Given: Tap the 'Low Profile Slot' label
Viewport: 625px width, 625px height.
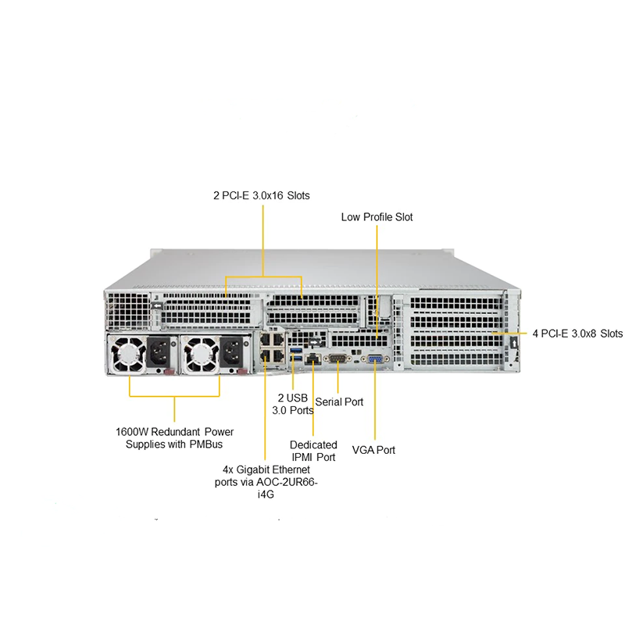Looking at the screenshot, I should [377, 216].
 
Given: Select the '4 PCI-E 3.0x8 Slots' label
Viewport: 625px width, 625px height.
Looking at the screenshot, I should [577, 334].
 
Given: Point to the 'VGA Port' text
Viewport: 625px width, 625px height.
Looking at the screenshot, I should [373, 450].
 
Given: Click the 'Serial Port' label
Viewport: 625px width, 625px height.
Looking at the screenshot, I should [339, 402].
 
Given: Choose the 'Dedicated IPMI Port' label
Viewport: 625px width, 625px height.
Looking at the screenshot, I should [313, 451].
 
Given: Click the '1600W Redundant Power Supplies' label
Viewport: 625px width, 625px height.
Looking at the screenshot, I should [174, 437].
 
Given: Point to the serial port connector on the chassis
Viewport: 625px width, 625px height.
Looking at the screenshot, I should [337, 357].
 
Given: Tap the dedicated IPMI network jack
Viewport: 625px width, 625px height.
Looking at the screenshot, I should [312, 357].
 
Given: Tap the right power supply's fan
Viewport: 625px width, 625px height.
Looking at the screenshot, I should [199, 356].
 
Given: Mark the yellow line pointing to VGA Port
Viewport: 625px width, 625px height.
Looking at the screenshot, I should [374, 406].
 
